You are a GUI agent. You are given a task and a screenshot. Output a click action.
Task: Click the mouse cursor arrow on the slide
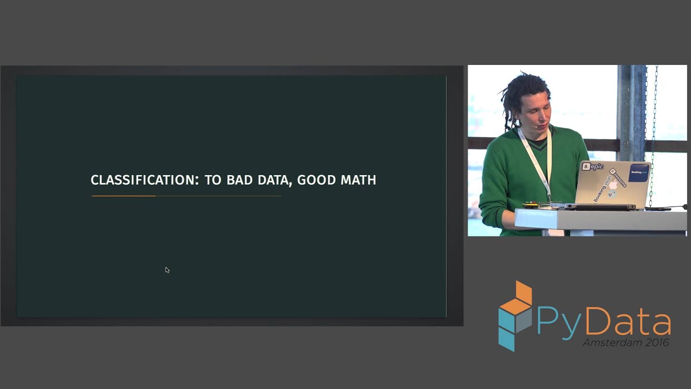(x=167, y=270)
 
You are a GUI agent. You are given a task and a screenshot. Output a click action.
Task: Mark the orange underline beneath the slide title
(x=124, y=196)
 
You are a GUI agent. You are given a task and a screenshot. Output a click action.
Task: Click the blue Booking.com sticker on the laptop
(x=639, y=172)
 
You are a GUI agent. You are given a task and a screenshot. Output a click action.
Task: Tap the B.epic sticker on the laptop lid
(x=592, y=167)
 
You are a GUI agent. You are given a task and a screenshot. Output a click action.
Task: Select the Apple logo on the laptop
(x=613, y=185)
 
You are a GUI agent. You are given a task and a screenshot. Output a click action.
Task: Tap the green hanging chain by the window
(x=655, y=130)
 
